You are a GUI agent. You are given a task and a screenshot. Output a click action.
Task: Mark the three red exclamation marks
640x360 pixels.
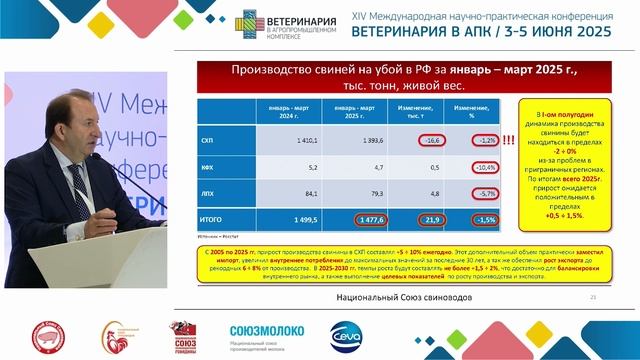click(x=508, y=142)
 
